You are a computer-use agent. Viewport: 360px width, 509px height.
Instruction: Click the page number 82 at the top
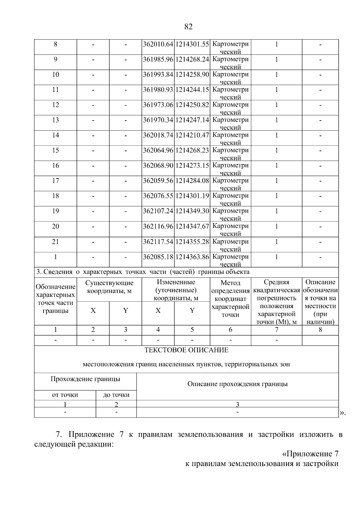188,27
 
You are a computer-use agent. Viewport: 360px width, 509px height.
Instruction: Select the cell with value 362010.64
158,44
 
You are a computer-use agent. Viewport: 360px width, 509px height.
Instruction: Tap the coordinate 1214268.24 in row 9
192,59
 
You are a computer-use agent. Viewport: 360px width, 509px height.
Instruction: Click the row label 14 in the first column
55,135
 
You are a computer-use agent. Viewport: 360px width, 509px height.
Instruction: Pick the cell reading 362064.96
158,150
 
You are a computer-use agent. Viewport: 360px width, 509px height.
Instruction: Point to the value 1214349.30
192,211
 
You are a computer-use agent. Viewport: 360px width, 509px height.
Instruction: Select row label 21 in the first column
55,242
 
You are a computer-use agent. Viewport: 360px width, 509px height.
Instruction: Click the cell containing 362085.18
158,257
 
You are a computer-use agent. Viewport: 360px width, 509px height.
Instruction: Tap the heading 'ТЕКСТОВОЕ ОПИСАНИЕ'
186,350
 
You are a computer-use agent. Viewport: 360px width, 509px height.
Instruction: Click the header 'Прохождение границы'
85,379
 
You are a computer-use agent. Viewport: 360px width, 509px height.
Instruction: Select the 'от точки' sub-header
65,395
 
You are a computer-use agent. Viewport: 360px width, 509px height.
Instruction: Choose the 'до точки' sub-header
116,395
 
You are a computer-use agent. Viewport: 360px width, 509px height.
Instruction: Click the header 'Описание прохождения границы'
237,384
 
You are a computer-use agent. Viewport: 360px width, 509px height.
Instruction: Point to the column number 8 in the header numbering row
320,330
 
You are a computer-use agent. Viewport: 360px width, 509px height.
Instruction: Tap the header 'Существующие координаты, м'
109,287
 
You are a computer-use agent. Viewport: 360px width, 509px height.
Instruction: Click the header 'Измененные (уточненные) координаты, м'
176,290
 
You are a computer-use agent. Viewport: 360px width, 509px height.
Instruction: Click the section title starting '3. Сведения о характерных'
143,272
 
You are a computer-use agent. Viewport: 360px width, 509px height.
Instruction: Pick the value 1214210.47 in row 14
192,135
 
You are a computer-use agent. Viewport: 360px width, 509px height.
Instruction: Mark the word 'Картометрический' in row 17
230,184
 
